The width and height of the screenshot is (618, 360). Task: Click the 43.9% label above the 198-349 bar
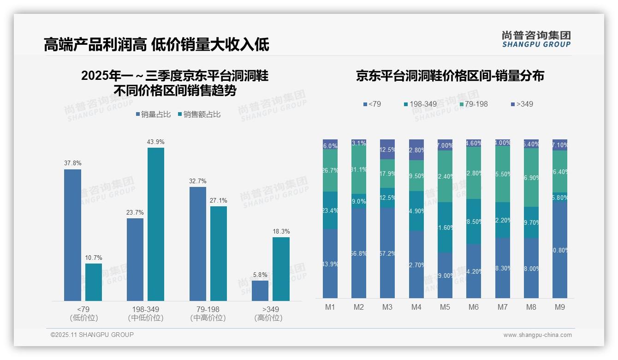[155, 142]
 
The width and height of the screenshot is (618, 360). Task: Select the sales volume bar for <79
[72, 235]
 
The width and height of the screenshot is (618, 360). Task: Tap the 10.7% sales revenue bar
[94, 282]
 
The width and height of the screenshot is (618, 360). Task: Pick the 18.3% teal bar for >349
[281, 269]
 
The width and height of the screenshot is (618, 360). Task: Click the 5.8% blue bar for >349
[260, 290]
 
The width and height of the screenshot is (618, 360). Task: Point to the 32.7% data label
[197, 181]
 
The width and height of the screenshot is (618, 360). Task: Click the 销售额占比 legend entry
[199, 114]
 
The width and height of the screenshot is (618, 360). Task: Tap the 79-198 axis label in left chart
[208, 309]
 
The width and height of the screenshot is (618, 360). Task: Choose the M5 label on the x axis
[445, 307]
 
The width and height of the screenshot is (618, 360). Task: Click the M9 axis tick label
[559, 307]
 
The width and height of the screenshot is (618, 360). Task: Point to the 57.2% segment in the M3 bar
[387, 253]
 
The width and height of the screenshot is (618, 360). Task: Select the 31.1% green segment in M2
[359, 169]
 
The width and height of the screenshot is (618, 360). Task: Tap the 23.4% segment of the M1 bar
[330, 210]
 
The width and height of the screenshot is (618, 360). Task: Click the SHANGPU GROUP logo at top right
[536, 39]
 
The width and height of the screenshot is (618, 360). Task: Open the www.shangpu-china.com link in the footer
[537, 335]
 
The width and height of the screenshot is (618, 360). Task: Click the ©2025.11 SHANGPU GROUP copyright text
[92, 335]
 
